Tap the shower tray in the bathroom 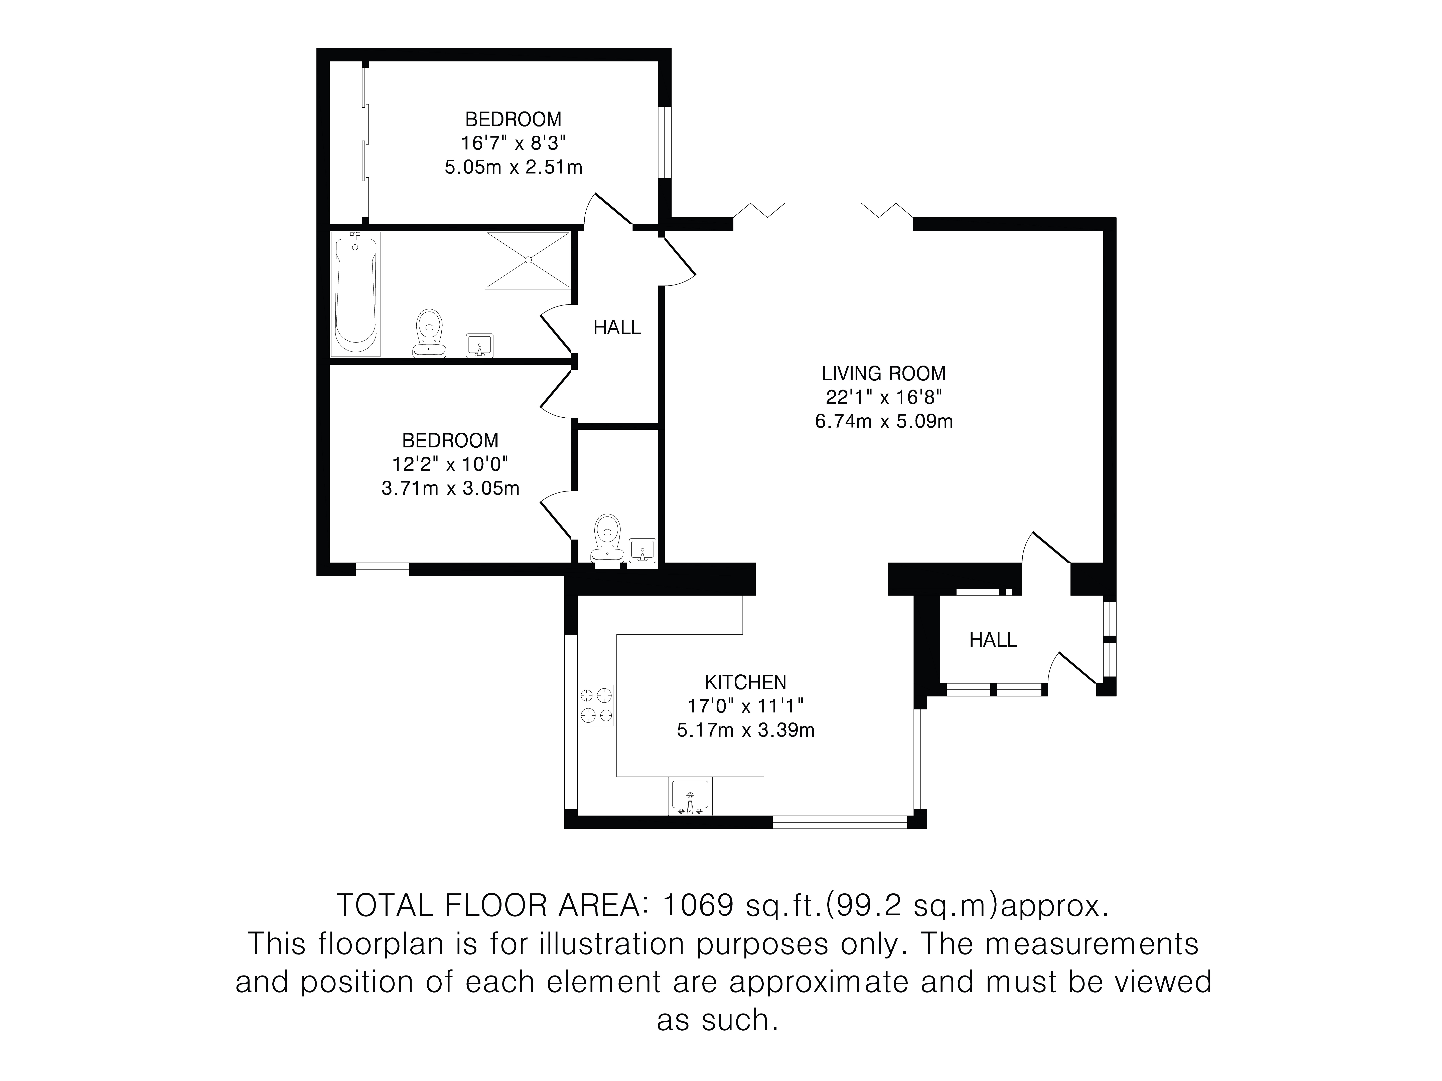point(527,259)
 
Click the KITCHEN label point(746,682)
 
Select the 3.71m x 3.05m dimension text point(450,488)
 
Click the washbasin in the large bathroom point(480,345)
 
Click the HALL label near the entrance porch point(993,640)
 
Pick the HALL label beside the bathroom point(617,327)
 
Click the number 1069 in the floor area point(698,906)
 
